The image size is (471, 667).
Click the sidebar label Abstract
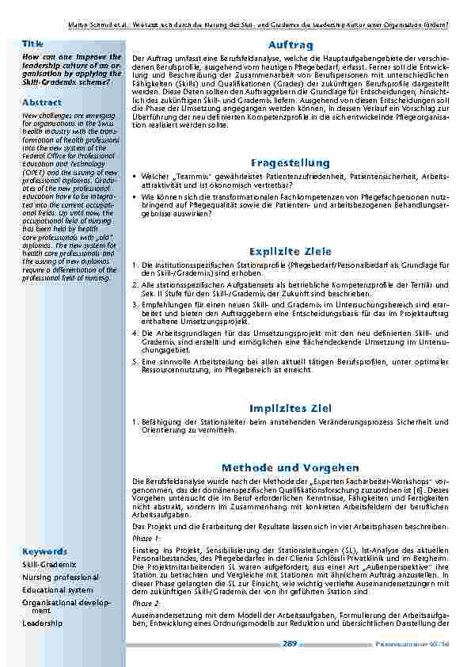41,103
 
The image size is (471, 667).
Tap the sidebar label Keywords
44,551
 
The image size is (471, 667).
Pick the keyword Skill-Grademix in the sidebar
49,564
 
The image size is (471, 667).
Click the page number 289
289,644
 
